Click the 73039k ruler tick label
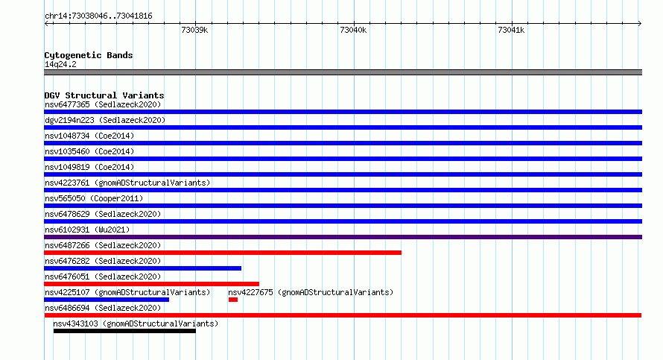[194, 30]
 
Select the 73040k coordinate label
[353, 30]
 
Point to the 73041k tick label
[511, 30]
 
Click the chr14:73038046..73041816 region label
[98, 16]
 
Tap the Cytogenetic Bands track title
[89, 55]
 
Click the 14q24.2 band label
[60, 64]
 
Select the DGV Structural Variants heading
[104, 95]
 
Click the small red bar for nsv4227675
[233, 300]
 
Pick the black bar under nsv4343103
[124, 331]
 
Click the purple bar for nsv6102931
[343, 237]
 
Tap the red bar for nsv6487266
[223, 253]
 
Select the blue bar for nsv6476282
[143, 268]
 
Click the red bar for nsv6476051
[152, 284]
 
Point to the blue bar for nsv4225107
[107, 300]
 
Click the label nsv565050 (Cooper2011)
[94, 198]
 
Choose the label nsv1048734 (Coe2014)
[89, 136]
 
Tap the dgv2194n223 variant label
[105, 120]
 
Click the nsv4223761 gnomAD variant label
[127, 183]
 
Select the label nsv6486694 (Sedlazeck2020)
[103, 308]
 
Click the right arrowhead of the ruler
[640, 24]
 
